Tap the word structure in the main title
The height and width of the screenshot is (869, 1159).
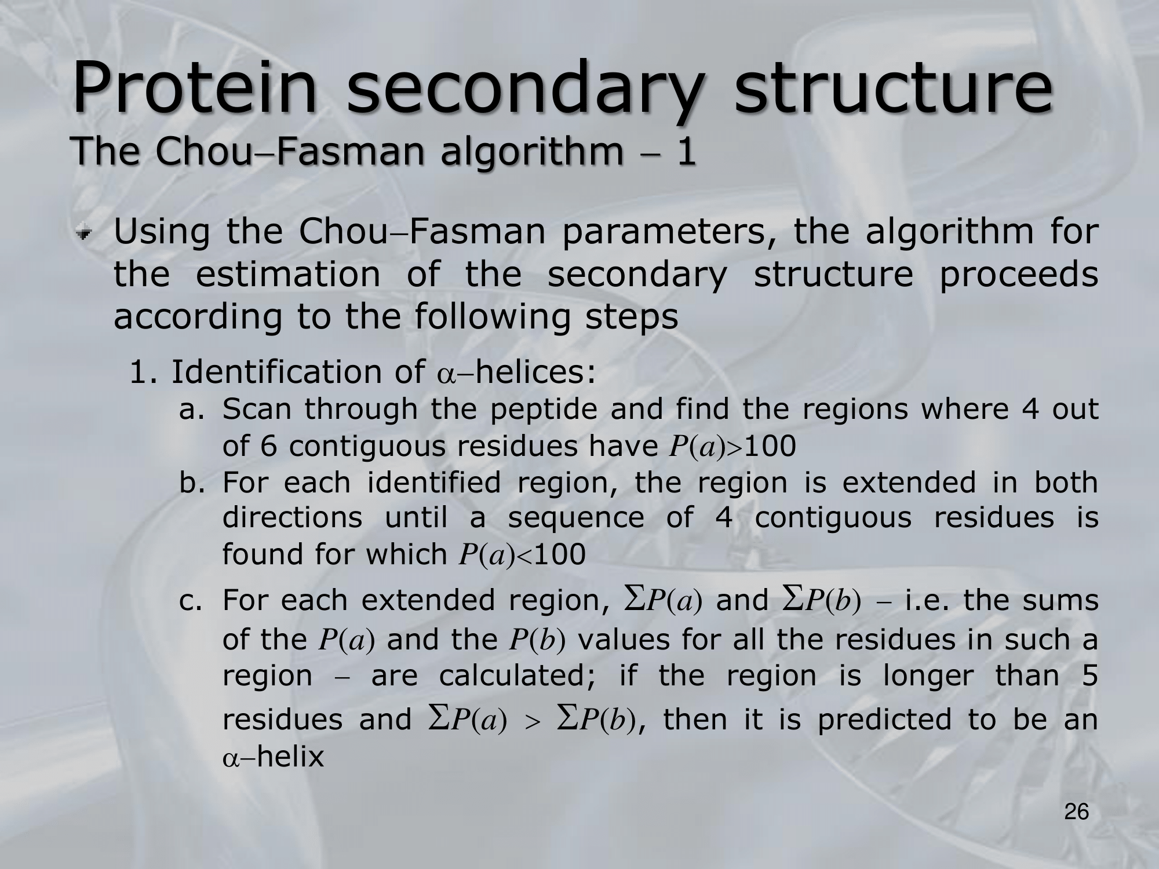[893, 89]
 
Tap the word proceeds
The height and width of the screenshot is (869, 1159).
[1018, 276]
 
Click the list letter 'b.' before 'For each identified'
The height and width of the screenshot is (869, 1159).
[192, 482]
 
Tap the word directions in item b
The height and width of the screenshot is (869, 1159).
[292, 517]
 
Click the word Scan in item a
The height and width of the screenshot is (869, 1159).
[257, 410]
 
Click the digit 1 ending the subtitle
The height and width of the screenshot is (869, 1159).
[686, 151]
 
